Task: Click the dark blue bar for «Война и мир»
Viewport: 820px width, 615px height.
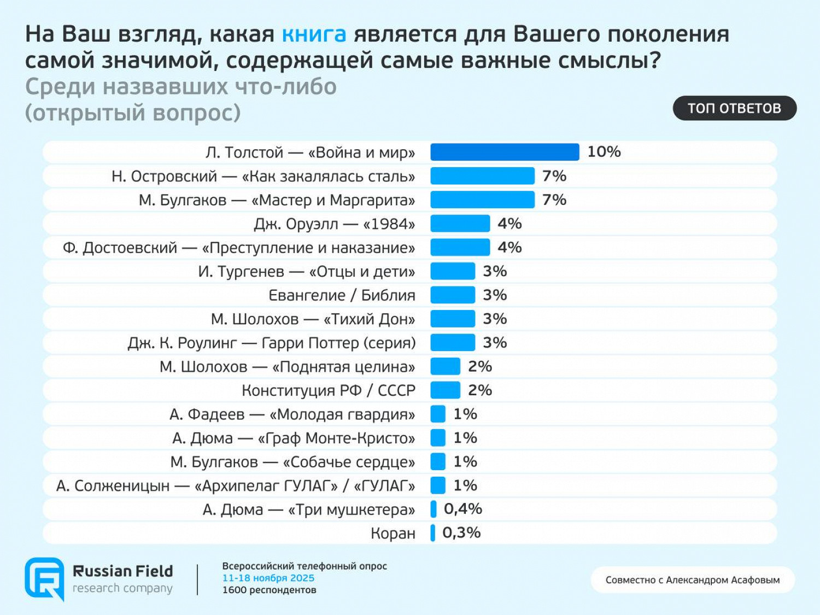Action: coord(504,152)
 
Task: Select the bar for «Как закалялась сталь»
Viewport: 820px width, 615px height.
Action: coord(482,176)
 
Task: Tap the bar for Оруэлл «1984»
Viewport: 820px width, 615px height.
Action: coord(460,224)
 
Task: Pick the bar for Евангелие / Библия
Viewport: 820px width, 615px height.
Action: coord(453,295)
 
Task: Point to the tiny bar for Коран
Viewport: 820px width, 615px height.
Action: coord(433,533)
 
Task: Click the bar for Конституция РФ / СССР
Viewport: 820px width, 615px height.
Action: coord(445,390)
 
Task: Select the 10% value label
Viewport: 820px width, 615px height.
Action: coord(604,152)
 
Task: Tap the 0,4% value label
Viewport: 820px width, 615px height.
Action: coord(462,509)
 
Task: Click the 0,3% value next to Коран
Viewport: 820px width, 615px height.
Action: coord(461,533)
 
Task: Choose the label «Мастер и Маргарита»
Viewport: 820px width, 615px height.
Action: coord(277,200)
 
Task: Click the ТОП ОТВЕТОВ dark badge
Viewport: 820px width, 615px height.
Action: coord(734,108)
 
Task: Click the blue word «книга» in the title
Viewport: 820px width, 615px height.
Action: coord(314,34)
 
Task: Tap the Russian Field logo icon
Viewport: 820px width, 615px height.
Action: coord(44,578)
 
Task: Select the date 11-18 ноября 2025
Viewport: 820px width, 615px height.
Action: coord(268,578)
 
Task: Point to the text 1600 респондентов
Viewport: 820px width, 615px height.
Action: coord(269,590)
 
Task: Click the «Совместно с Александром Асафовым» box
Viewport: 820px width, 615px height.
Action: coord(692,580)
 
